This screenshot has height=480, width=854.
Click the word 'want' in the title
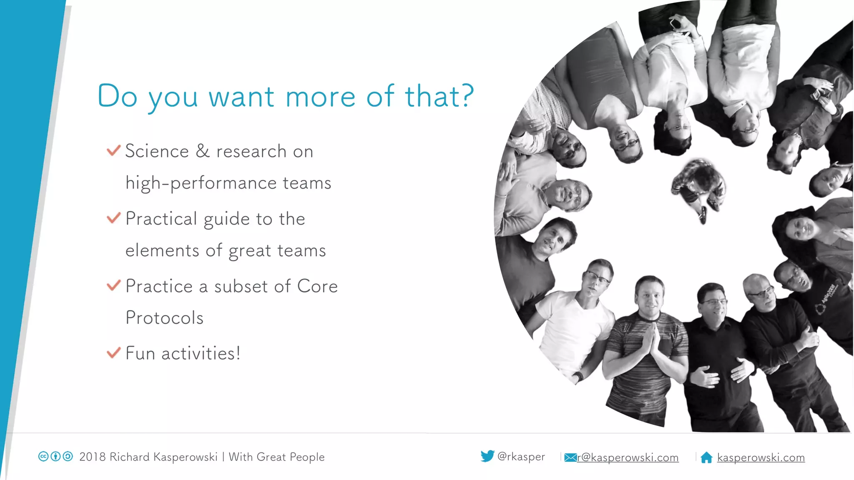241,97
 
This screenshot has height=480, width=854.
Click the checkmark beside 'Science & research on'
113,150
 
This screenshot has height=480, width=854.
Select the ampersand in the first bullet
203,151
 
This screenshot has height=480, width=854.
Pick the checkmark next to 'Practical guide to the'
113,218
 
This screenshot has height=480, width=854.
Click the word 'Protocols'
164,318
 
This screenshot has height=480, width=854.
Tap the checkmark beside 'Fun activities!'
113,353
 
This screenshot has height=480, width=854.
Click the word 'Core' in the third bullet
317,286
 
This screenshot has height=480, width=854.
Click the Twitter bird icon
487,456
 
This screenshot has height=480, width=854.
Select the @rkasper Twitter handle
521,457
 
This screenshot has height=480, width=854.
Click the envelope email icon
570,457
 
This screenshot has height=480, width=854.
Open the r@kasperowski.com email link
628,457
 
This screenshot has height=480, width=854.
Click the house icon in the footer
706,457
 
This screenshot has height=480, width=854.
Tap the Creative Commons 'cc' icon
43,457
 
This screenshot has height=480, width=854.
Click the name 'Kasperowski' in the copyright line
186,457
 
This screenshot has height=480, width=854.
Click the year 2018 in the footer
92,457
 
